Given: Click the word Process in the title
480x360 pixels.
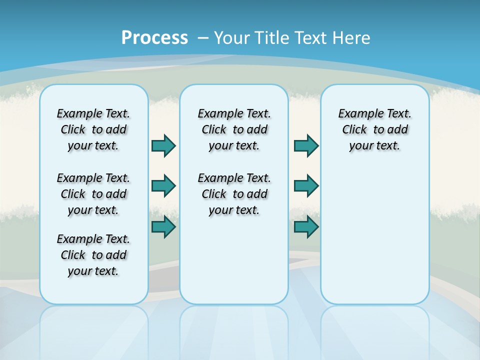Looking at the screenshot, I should coord(154,37).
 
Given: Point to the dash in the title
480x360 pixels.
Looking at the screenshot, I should coord(203,38).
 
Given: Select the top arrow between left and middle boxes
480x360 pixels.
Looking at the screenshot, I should coord(163,145).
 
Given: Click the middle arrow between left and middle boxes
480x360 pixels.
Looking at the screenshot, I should coord(163,186).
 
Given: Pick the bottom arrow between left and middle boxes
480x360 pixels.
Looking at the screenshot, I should coord(163,227).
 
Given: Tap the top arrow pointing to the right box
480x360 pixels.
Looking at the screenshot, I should coord(306,145).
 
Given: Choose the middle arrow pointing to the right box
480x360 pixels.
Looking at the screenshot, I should coord(306,186).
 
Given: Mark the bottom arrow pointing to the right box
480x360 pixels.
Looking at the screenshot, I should coord(306,227).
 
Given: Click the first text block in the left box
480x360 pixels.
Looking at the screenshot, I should coord(93,129).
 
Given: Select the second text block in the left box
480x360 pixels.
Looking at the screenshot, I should coord(93,194).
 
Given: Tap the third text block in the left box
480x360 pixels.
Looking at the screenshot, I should coord(93,255).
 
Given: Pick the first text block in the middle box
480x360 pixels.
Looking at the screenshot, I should coord(234,129).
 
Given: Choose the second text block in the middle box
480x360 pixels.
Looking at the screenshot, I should coord(234,194).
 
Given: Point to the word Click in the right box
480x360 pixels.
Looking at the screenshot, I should coord(354,129).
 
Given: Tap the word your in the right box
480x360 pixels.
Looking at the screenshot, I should coord(360,146).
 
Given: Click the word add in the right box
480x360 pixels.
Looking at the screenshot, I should coord(397,129).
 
